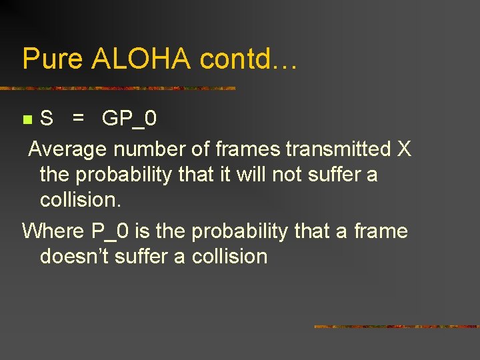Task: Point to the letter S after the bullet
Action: point(47,119)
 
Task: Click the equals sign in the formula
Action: point(79,119)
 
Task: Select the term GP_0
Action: point(129,119)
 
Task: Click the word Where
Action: point(53,231)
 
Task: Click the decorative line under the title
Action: point(118,88)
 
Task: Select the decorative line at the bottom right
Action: point(396,327)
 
